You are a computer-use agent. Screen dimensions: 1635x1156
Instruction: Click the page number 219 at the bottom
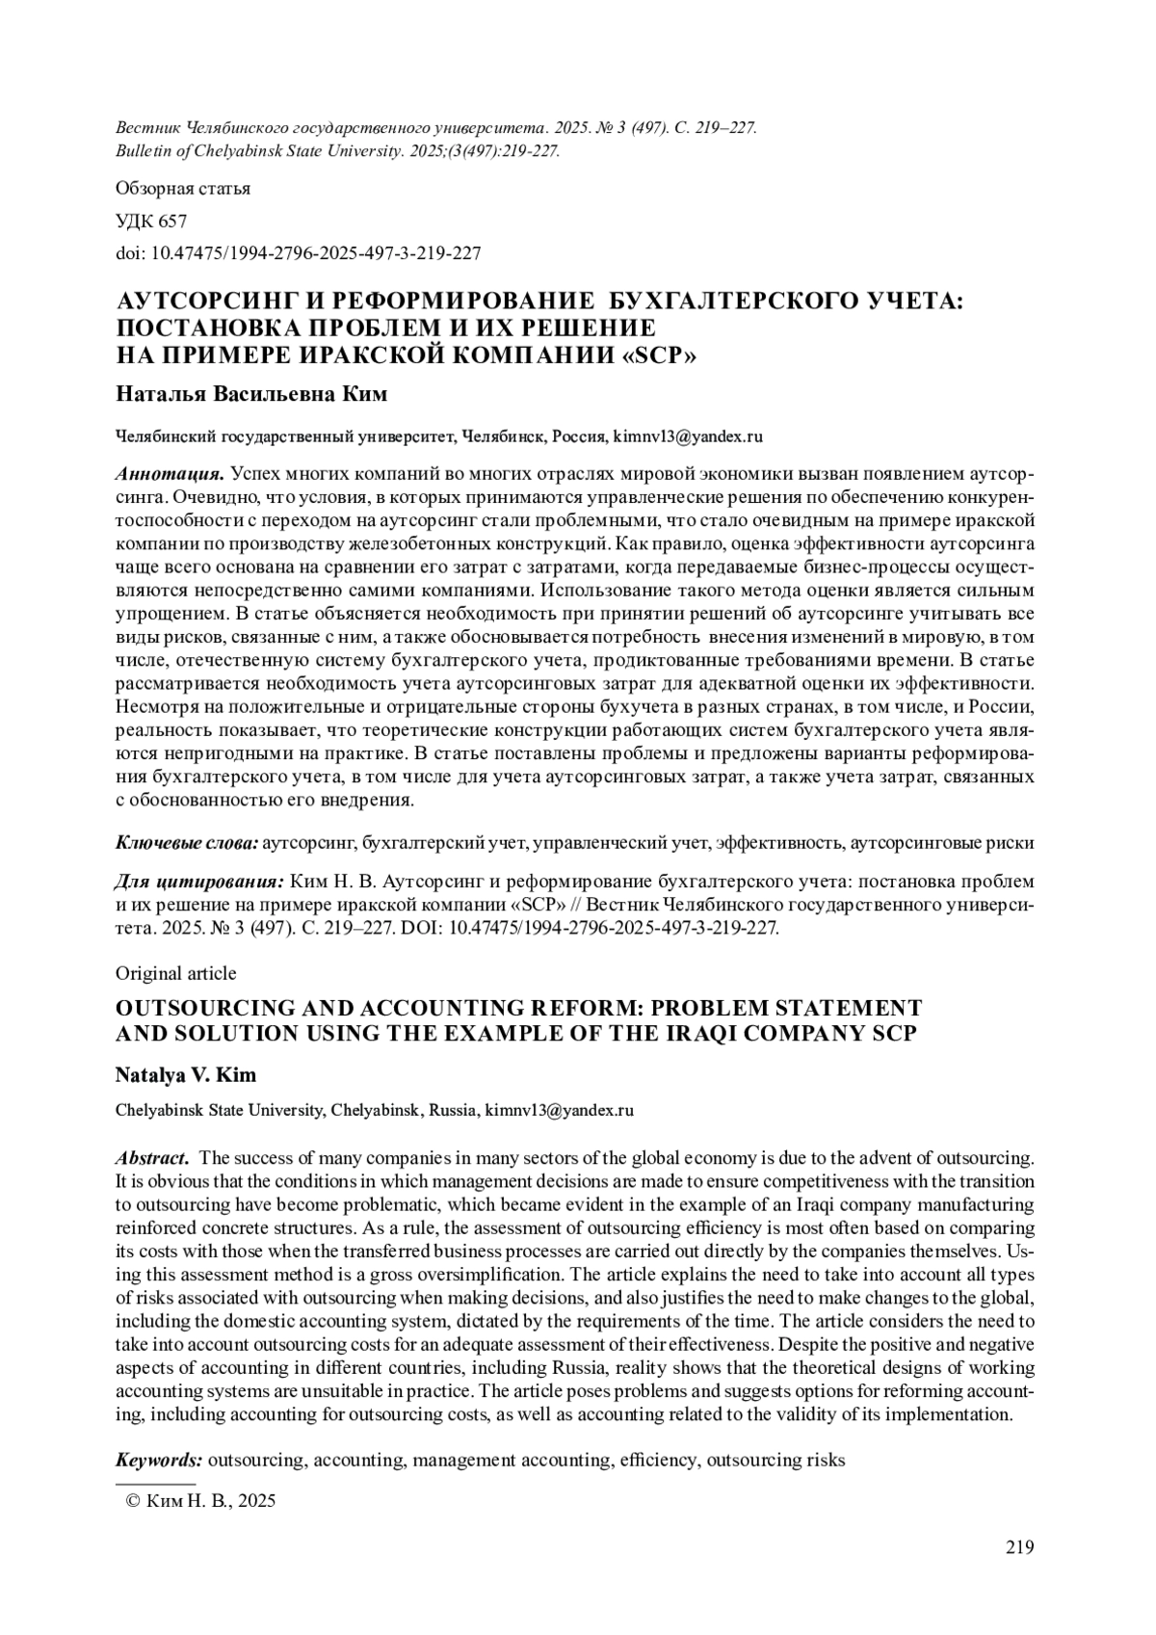[1020, 1547]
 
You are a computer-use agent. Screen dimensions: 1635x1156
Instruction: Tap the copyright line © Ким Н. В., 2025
[201, 1500]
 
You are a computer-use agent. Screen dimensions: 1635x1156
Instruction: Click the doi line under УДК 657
[298, 253]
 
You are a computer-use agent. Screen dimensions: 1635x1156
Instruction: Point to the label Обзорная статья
[182, 189]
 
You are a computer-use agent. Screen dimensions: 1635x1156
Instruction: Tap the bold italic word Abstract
[151, 1156]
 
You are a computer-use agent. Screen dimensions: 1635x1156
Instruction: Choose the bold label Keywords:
[159, 1460]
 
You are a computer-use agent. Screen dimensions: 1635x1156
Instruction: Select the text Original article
[175, 973]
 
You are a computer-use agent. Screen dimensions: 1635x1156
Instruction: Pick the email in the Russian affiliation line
[688, 436]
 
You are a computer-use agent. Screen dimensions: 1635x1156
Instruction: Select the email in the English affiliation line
[559, 1110]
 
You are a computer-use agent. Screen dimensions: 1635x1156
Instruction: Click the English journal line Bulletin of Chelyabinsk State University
[337, 151]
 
